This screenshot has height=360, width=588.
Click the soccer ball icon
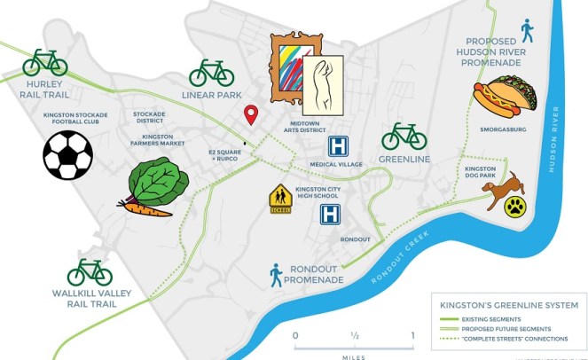[67, 155]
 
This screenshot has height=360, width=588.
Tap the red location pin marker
[251, 114]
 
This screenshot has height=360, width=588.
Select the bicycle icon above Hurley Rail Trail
[45, 62]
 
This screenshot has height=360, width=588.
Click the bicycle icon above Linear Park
[211, 73]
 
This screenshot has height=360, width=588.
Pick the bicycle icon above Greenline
[404, 137]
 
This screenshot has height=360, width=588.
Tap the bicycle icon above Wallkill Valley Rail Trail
[90, 272]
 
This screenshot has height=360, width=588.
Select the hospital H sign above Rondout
[331, 214]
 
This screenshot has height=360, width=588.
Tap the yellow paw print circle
[515, 207]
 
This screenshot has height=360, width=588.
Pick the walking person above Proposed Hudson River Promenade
[528, 30]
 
